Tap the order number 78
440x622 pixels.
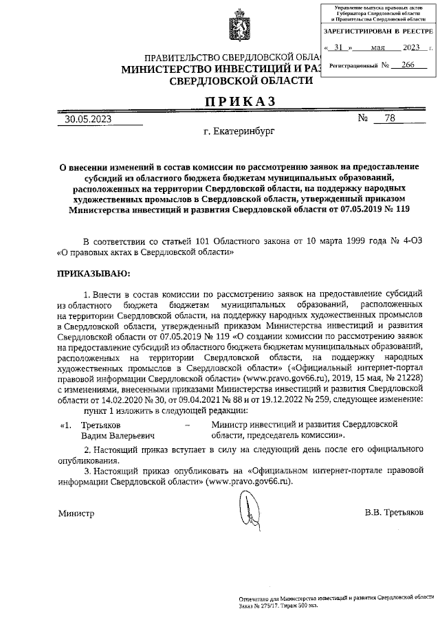tap(390, 118)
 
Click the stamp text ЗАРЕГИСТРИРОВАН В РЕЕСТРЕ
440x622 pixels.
tap(378, 32)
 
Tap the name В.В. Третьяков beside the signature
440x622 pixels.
tap(394, 513)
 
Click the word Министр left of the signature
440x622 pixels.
tap(76, 513)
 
